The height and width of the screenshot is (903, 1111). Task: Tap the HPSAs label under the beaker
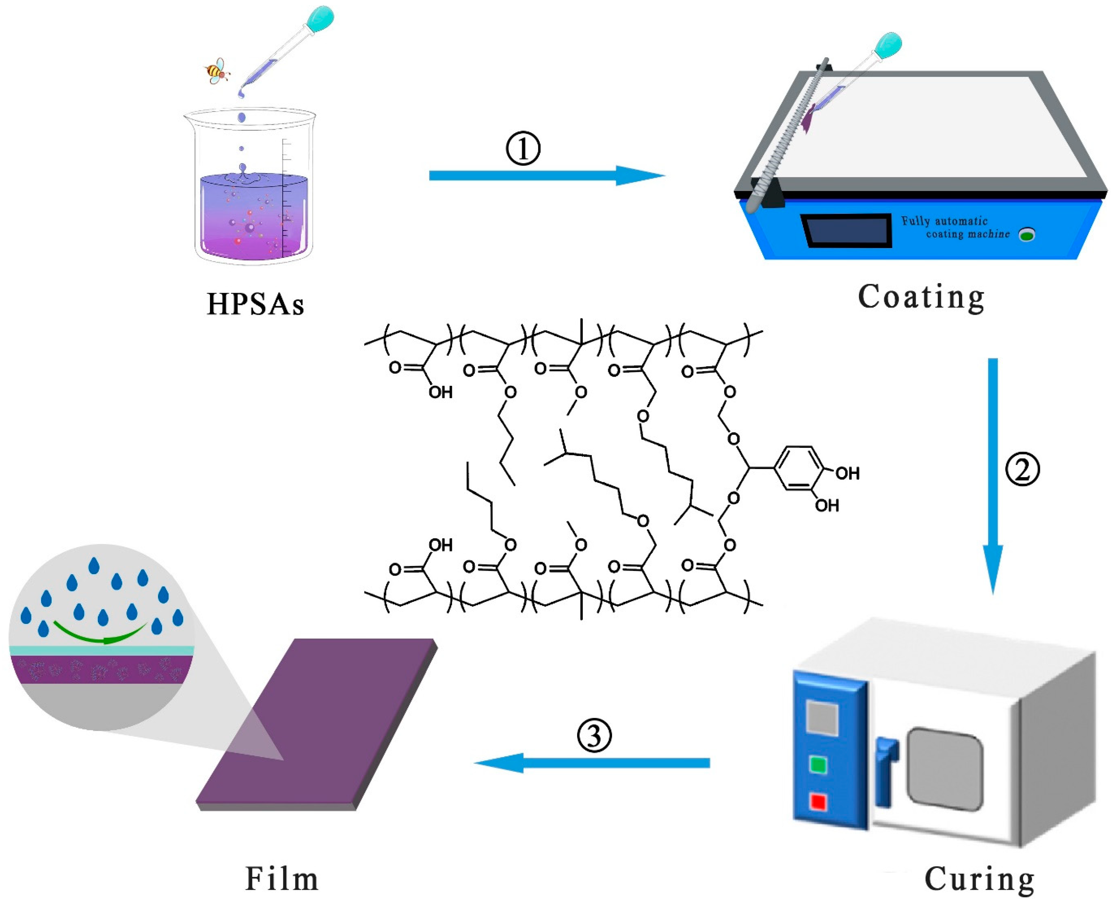[x=255, y=304]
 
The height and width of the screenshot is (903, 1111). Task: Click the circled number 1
[x=523, y=149]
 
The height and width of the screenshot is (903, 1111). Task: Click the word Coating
[x=921, y=298]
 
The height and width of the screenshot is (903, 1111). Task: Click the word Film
[x=281, y=879]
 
